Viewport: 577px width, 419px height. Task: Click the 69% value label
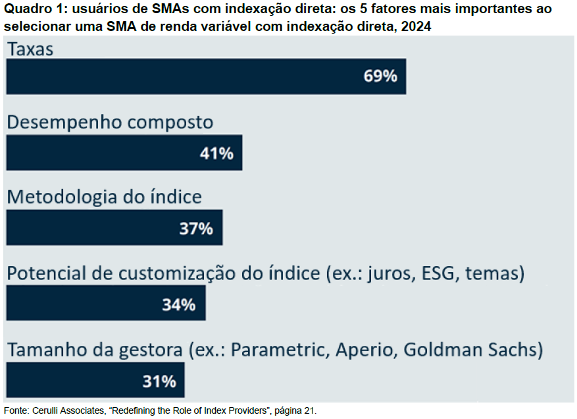click(380, 76)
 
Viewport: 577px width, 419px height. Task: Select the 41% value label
click(216, 154)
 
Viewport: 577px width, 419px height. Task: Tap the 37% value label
click(196, 229)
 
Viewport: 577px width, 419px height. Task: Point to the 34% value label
click(179, 304)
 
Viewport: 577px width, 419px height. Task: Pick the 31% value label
click(159, 381)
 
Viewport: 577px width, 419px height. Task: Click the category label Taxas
click(30, 49)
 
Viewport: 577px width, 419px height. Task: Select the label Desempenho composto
click(110, 123)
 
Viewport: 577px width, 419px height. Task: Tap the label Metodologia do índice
click(104, 197)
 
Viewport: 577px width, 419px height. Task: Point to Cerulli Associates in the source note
click(69, 410)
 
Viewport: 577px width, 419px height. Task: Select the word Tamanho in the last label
click(45, 349)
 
